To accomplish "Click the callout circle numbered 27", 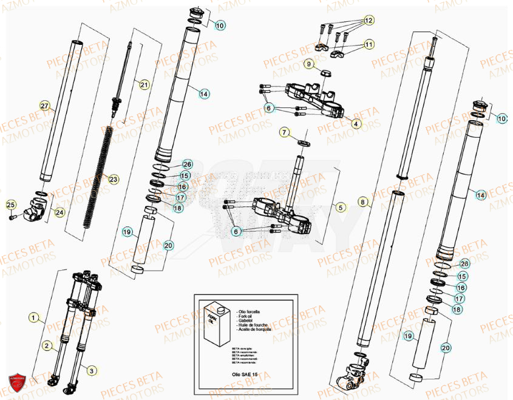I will point(44,106).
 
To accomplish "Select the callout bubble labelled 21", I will point(143,84).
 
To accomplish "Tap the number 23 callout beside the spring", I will point(112,178).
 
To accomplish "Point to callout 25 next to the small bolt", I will point(10,205).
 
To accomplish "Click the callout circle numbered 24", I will point(59,212).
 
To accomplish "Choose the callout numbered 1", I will point(35,317).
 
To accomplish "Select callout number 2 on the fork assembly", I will point(46,345).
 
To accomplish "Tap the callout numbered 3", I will point(92,370).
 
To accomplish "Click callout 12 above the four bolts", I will point(369,21).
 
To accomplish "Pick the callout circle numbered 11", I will point(369,44).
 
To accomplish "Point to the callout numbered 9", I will point(308,63).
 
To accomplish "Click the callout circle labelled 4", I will point(356,124).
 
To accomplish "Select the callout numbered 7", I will point(284,132).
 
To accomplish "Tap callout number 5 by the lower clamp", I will point(340,208).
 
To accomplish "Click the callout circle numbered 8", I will point(362,202).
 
